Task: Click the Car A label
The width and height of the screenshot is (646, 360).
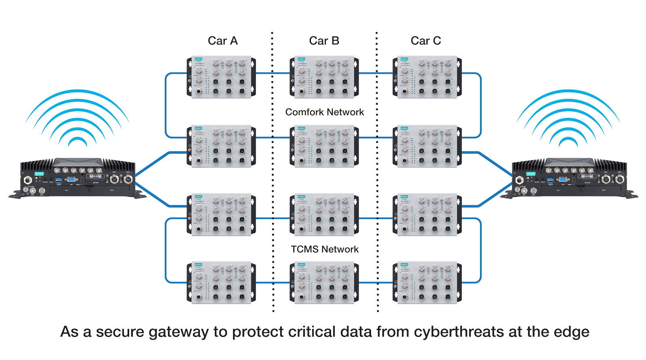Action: tap(222, 41)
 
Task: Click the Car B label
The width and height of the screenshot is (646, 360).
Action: tap(324, 41)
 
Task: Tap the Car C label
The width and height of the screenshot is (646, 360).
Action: tap(426, 41)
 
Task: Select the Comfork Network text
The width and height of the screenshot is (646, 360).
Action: tap(325, 112)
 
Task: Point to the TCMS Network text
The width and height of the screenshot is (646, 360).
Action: tap(325, 249)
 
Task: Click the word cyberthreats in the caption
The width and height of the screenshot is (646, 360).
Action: tap(459, 332)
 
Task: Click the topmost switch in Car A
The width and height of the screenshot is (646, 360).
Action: tap(221, 77)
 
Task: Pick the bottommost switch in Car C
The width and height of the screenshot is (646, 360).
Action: tap(427, 283)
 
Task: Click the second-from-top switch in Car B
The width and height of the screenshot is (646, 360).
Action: tap(324, 145)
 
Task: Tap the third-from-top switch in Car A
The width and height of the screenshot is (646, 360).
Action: tap(221, 214)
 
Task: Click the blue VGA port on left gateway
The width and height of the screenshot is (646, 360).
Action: tap(70, 180)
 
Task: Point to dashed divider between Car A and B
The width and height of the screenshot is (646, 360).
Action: tap(273, 174)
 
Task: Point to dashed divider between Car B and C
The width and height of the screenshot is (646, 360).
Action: tap(378, 174)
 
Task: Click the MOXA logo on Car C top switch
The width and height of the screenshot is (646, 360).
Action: tap(405, 59)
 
